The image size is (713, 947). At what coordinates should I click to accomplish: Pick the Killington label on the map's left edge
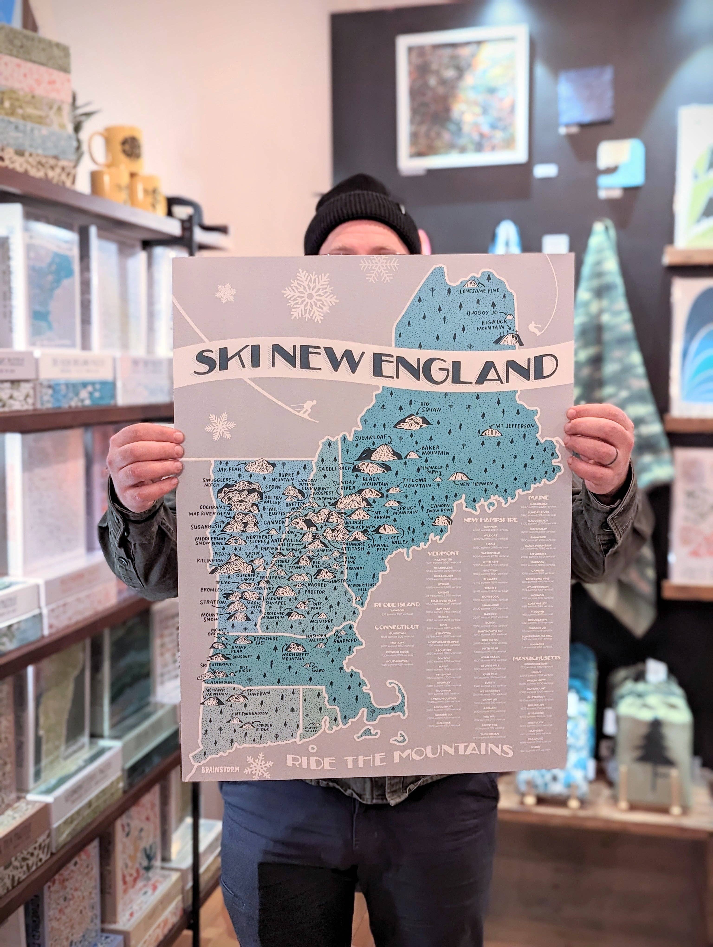[x=210, y=560]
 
